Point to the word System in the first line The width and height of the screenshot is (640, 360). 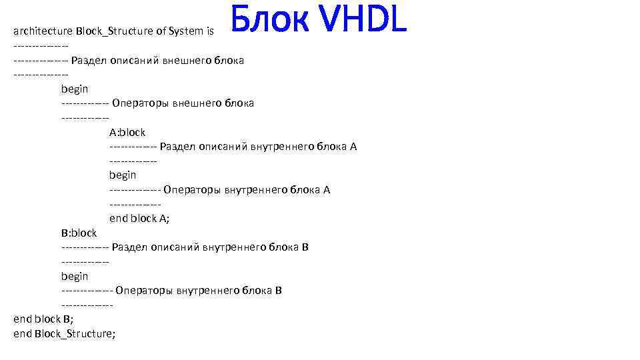point(186,31)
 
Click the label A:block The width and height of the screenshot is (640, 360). point(127,132)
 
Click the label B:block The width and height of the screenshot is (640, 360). point(79,233)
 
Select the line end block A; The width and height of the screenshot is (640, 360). point(139,218)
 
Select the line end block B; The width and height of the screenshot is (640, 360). point(44,319)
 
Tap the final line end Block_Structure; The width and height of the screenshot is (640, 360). point(64,333)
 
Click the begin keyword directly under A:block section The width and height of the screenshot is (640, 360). point(123,175)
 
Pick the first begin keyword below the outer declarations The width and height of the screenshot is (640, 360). point(75,89)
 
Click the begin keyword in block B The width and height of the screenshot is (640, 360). point(75,276)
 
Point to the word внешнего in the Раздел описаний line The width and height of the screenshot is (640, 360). point(179,60)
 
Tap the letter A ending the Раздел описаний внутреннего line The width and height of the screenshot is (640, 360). point(353,147)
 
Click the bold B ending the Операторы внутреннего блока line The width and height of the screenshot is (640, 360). point(279,291)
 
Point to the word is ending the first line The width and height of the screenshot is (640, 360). point(210,31)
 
